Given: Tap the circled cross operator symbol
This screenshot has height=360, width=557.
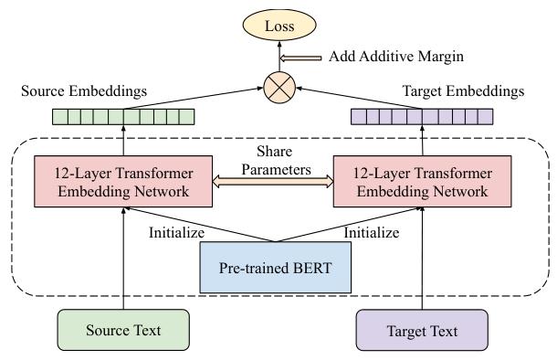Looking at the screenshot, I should tap(279, 89).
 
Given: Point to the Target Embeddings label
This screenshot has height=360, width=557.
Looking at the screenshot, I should tap(463, 91).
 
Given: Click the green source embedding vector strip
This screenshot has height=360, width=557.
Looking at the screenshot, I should tap(124, 117).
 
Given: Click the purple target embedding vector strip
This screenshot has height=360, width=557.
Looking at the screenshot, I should tap(422, 117).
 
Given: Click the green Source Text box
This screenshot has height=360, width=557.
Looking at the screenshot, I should tap(122, 330).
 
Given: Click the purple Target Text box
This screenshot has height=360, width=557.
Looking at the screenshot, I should tap(422, 330).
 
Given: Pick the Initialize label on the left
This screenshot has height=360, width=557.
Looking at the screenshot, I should tap(176, 232).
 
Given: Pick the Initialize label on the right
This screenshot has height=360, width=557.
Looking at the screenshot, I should tap(371, 232).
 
